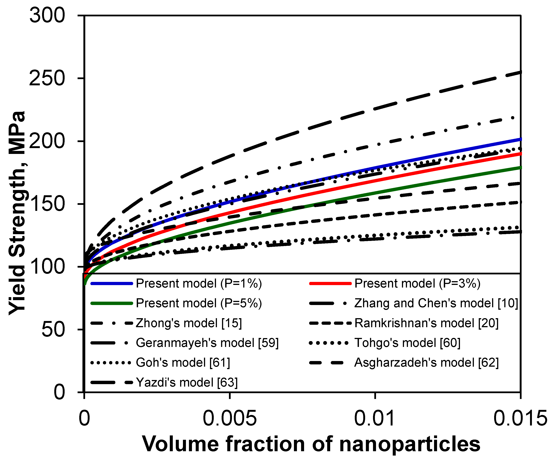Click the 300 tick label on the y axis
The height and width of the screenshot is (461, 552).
tap(47, 15)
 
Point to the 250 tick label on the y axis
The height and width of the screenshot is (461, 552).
tap(47, 78)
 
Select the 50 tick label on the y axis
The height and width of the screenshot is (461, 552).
tap(53, 329)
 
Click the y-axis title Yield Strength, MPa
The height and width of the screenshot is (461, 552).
tap(17, 213)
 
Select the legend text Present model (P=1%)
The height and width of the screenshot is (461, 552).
tap(199, 283)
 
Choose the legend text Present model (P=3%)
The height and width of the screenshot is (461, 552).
tap(417, 283)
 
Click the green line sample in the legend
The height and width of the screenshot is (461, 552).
tap(112, 303)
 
